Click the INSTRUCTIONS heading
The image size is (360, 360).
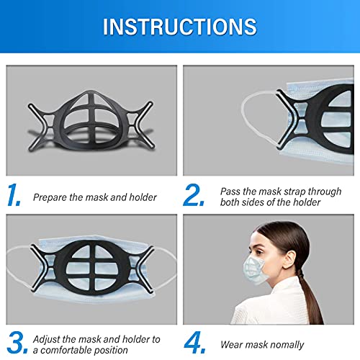pos(179,27)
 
